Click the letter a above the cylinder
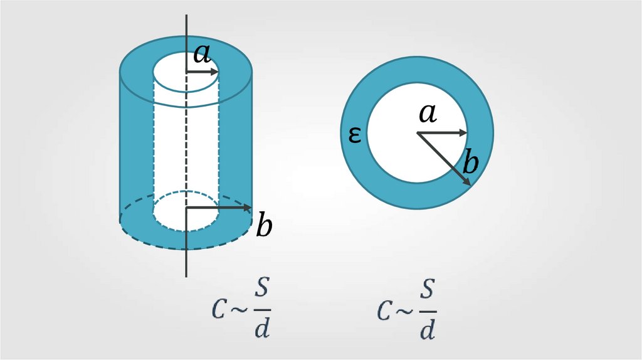201,55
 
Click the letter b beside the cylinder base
265,225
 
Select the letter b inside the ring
470,164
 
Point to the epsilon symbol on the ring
354,134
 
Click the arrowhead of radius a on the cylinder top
215,73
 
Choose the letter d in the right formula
427,329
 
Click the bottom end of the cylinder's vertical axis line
186,275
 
